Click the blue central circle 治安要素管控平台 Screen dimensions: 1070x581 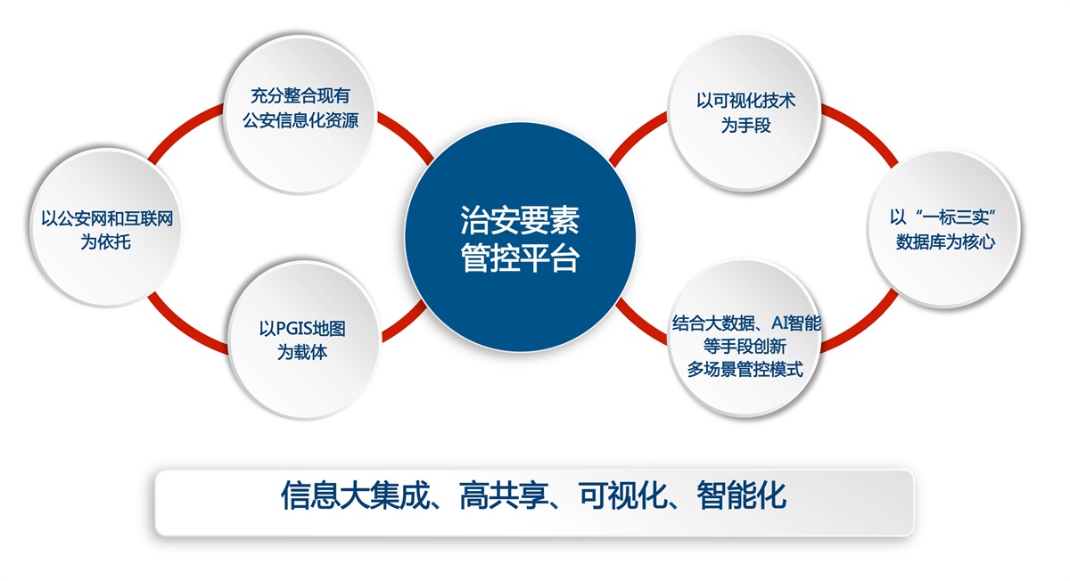click(x=520, y=237)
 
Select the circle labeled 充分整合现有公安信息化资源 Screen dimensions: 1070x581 click(x=300, y=115)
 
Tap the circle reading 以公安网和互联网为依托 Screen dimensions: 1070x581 click(x=105, y=227)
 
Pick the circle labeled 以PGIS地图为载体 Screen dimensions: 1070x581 click(x=304, y=340)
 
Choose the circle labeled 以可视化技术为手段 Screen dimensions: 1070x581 click(x=745, y=112)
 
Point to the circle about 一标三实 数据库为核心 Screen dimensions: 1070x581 click(x=944, y=229)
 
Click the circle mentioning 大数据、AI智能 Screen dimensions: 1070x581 click(x=745, y=338)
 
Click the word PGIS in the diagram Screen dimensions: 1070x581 click(x=295, y=329)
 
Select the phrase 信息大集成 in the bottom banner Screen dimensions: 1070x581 click(x=356, y=495)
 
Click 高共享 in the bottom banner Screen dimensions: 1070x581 click(x=505, y=495)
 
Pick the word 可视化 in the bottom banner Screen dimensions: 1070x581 click(x=623, y=495)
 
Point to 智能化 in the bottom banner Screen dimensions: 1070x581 click(x=742, y=495)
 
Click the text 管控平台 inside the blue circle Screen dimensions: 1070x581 click(x=520, y=258)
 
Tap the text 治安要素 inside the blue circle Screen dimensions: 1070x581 click(x=520, y=220)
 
